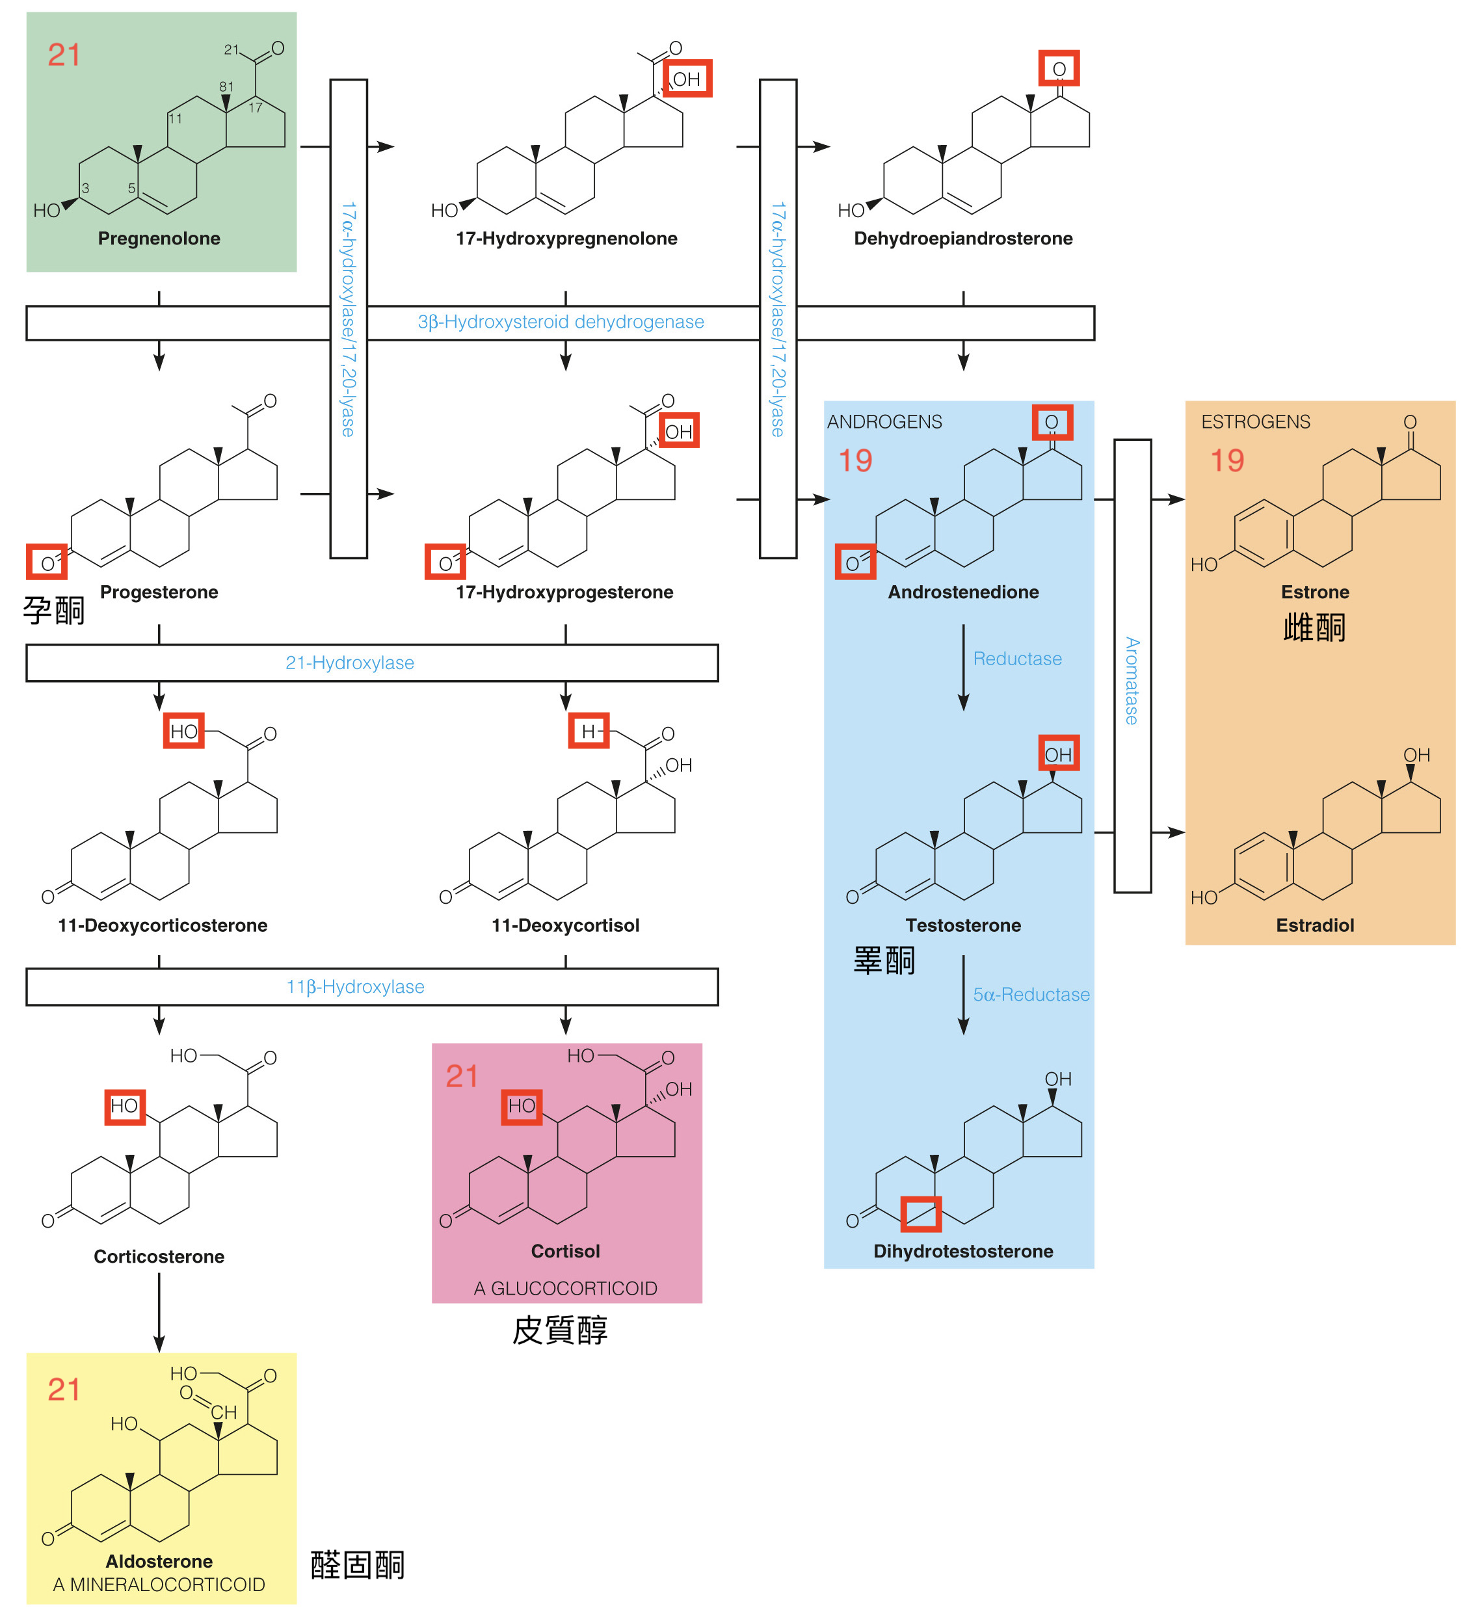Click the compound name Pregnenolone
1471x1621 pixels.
click(x=159, y=239)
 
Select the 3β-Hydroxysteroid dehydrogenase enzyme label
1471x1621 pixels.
click(x=561, y=323)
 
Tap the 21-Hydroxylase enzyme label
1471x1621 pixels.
click(x=350, y=663)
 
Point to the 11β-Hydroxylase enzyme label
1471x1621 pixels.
click(x=356, y=988)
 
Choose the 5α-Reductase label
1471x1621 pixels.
click(x=1031, y=995)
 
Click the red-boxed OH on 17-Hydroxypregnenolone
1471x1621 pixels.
click(x=687, y=79)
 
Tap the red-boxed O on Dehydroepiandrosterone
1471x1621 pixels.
click(x=1059, y=69)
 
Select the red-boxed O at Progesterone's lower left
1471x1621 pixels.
click(x=47, y=563)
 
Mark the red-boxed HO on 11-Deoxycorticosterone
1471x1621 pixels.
click(x=183, y=731)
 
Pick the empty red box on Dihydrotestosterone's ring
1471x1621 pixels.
click(x=921, y=1214)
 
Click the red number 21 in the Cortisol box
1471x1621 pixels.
click(x=462, y=1077)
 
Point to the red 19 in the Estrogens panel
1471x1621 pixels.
click(x=1227, y=461)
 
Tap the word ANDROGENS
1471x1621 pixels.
click(x=884, y=422)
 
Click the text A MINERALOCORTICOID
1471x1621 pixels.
click(x=159, y=1585)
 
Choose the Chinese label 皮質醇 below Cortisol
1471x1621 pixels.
click(x=560, y=1331)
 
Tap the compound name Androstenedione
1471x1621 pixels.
click(x=964, y=592)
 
